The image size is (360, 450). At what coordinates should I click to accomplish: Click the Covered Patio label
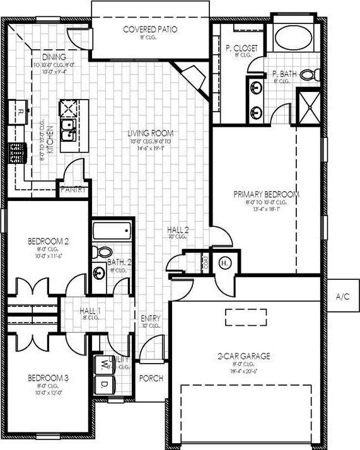150,29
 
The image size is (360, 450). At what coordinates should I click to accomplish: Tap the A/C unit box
342,296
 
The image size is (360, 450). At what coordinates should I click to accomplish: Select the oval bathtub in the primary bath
294,37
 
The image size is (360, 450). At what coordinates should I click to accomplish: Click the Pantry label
73,189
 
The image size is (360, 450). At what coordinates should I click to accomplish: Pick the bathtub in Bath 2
112,231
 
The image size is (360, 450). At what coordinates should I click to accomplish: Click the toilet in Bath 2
102,252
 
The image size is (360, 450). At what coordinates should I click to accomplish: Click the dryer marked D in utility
103,383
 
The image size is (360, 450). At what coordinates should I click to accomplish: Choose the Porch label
151,378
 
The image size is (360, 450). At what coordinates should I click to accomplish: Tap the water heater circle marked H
224,263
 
